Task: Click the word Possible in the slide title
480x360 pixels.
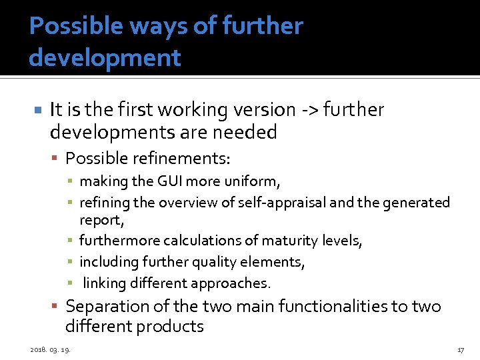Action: (x=65, y=27)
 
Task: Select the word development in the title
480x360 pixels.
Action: (x=105, y=58)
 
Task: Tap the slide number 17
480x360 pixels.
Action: (x=460, y=350)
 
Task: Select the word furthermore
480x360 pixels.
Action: (x=118, y=240)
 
